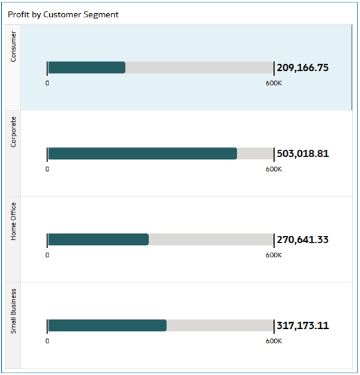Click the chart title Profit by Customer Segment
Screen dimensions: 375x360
point(63,14)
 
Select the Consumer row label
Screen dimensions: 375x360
point(13,47)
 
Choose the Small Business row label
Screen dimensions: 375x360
point(13,311)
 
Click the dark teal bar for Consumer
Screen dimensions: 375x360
point(86,67)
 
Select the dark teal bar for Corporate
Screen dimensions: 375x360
point(142,154)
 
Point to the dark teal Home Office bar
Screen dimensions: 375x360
point(98,239)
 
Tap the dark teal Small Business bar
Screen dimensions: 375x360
point(107,325)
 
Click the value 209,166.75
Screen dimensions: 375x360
point(302,68)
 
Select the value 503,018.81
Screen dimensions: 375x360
point(302,154)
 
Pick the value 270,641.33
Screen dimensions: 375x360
point(302,239)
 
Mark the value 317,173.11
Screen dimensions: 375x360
point(302,326)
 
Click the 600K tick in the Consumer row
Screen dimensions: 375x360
point(274,83)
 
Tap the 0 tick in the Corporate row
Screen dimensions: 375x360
point(47,169)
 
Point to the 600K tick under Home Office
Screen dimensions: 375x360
point(274,254)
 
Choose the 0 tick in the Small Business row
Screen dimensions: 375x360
point(47,341)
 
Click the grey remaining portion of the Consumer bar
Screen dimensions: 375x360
point(199,67)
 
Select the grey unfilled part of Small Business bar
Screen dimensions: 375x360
point(220,325)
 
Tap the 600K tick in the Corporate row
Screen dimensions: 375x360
point(274,169)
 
